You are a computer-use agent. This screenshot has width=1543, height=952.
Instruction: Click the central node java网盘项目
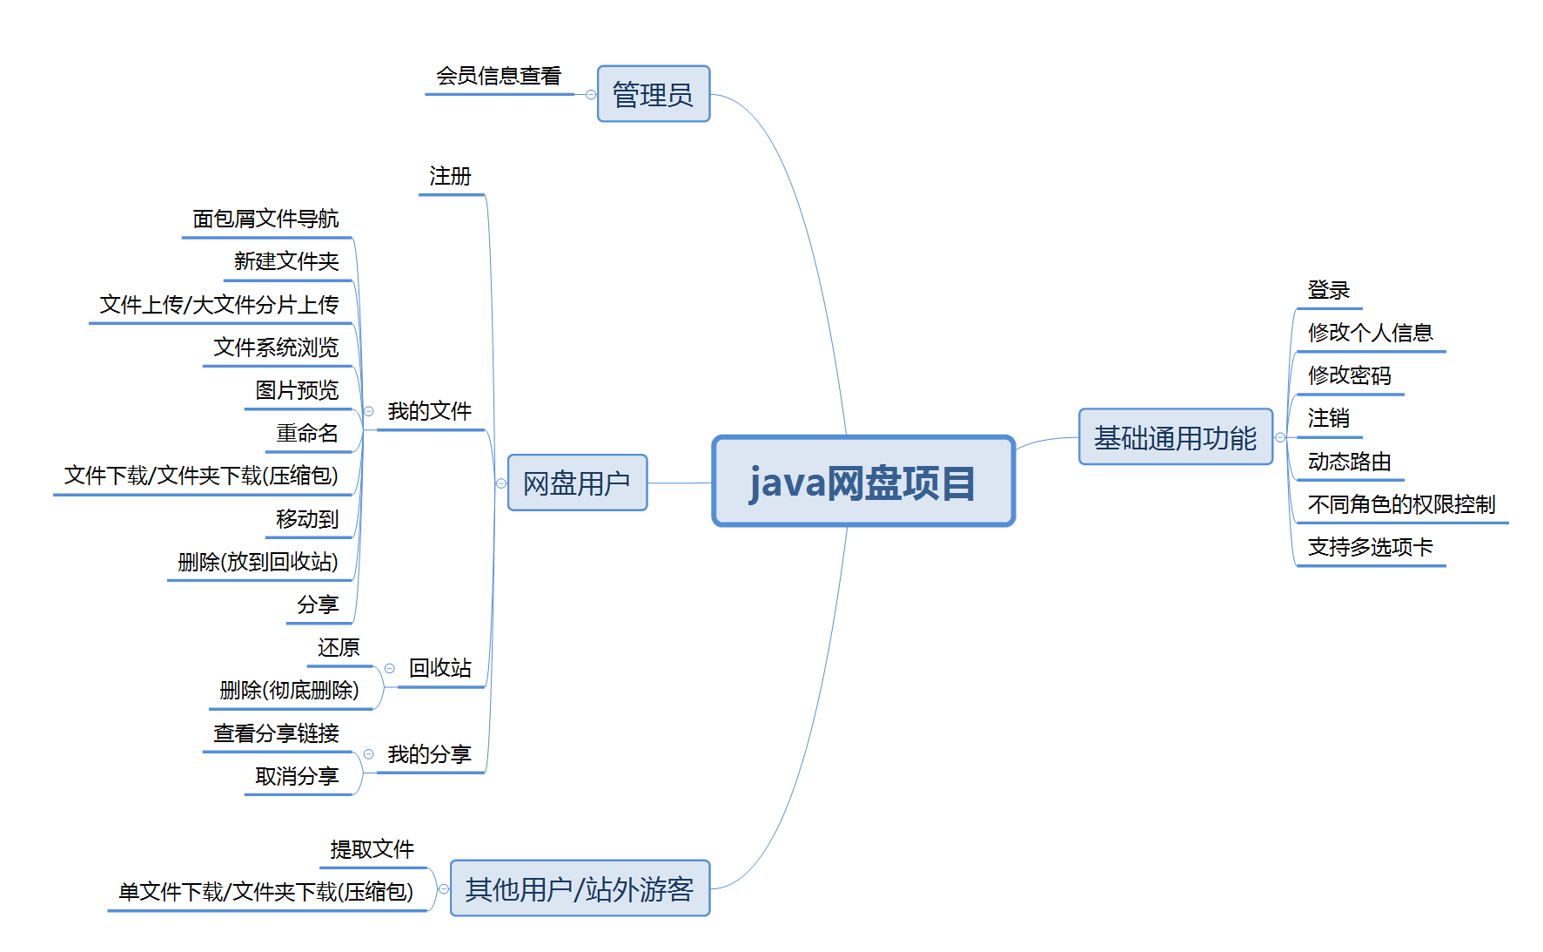(863, 482)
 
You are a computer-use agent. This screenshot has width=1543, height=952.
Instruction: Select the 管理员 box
(653, 94)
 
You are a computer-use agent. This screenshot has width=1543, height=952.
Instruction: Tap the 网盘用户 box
(577, 483)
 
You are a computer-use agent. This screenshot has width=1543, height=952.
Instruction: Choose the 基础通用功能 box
(1175, 437)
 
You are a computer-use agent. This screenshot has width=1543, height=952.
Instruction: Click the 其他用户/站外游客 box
(580, 888)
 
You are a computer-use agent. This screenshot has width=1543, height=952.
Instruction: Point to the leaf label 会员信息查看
(499, 77)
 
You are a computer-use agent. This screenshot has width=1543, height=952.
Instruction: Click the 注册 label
(450, 177)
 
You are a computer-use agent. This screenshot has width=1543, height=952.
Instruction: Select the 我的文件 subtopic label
(429, 411)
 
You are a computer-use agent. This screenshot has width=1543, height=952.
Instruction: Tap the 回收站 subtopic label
(440, 668)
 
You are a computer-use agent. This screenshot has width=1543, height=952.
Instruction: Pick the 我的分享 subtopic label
(429, 754)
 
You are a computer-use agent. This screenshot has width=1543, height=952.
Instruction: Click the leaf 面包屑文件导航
(265, 219)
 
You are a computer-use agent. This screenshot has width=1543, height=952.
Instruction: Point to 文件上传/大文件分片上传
(218, 305)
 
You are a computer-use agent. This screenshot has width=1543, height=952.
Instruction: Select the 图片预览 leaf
(297, 390)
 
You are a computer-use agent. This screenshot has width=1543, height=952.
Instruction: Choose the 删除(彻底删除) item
(289, 691)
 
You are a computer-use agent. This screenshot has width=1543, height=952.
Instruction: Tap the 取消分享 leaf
(297, 776)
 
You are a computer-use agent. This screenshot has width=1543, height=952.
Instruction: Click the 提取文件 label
(372, 849)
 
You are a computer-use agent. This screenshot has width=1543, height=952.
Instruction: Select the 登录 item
(1328, 291)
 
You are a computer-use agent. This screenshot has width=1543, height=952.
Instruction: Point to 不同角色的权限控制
(1401, 505)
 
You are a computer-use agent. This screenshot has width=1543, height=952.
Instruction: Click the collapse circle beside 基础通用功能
(1280, 437)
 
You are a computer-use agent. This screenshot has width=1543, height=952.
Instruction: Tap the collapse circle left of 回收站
(390, 668)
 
